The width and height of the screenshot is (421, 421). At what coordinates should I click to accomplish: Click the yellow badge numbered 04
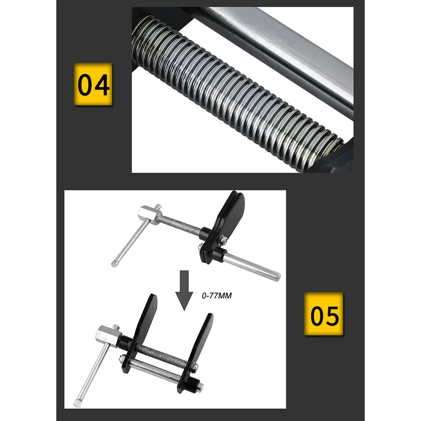tap(93, 84)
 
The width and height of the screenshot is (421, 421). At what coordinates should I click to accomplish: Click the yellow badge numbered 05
tap(324, 313)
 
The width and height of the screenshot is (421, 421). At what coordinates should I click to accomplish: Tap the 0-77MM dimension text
tap(217, 296)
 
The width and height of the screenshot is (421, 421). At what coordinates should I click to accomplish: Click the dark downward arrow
tap(184, 290)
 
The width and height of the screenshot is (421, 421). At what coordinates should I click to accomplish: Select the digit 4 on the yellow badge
tap(102, 84)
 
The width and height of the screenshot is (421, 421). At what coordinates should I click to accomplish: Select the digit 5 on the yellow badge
tap(332, 314)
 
